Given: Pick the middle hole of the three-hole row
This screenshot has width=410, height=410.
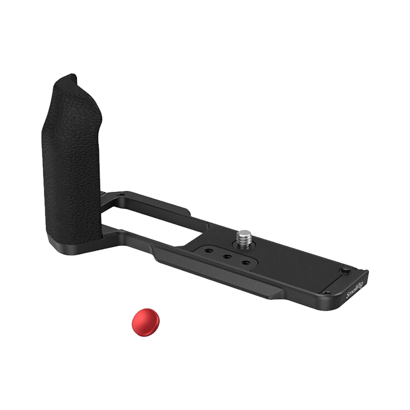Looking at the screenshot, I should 227,257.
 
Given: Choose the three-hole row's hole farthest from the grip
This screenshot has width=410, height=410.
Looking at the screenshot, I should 245,263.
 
